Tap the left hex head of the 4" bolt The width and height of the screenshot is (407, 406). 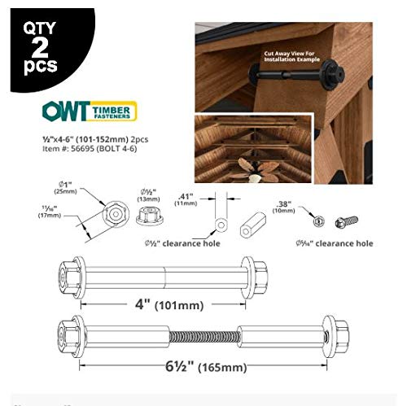(68, 270)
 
